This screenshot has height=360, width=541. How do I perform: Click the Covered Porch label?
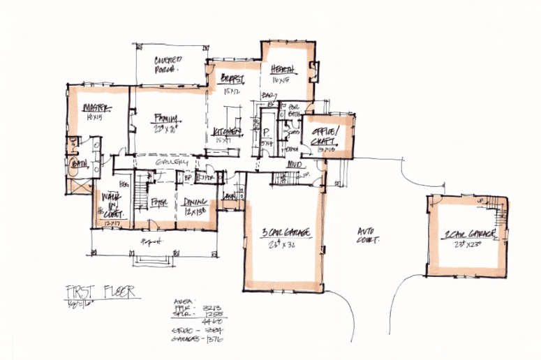(167, 65)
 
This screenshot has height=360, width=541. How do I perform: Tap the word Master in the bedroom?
(93, 108)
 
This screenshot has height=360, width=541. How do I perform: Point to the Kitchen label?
(227, 131)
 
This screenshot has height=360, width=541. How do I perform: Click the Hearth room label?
(283, 70)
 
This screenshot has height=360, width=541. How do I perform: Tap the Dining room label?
(193, 202)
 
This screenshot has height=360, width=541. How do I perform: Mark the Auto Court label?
(369, 234)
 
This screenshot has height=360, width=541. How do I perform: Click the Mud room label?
(295, 164)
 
